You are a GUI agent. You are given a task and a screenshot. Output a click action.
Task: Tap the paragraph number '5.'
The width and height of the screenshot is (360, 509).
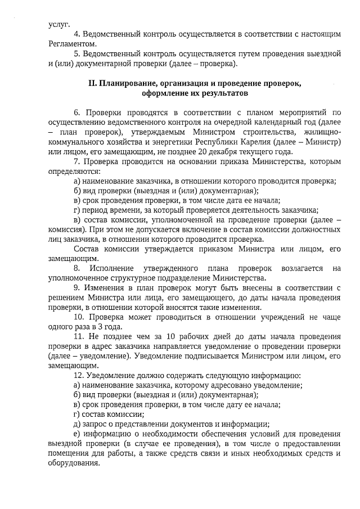[x=78, y=54]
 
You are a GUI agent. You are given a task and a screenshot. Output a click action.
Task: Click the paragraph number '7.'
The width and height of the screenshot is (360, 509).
[x=78, y=161]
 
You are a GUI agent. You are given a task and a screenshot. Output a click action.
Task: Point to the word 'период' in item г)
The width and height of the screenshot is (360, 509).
[x=93, y=210]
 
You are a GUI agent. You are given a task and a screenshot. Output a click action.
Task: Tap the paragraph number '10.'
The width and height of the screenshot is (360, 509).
[x=80, y=317]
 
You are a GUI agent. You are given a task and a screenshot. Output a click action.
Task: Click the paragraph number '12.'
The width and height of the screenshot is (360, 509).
[x=80, y=375]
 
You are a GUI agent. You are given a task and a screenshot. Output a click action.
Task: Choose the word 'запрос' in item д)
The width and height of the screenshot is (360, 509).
[x=94, y=424]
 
